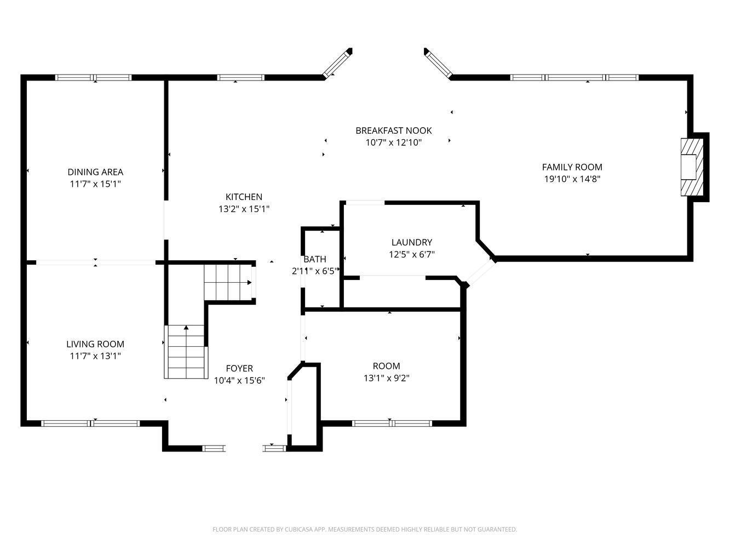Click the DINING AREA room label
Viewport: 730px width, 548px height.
[x=95, y=172]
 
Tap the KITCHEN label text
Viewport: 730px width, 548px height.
[x=244, y=197]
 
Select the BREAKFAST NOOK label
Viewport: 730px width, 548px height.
[x=393, y=130]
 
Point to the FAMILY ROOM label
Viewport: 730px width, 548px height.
[x=572, y=167]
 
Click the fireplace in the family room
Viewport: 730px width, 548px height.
[x=692, y=167]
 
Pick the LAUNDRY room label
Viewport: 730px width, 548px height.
[x=412, y=242]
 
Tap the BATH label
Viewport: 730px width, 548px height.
[x=314, y=259]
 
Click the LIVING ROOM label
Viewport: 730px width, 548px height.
[x=95, y=344]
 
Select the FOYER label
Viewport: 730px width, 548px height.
[x=239, y=368]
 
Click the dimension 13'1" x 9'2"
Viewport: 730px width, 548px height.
[x=387, y=378]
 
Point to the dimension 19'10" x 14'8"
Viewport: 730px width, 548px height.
[x=572, y=179]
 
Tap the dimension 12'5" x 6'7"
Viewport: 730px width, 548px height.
[x=412, y=254]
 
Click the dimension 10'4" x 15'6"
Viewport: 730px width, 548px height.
[x=239, y=380]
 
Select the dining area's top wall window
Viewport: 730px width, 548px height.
[x=94, y=77]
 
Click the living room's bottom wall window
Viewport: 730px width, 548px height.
[x=90, y=424]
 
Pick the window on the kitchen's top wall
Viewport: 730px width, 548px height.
[x=241, y=77]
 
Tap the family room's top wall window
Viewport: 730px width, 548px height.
[x=574, y=77]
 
